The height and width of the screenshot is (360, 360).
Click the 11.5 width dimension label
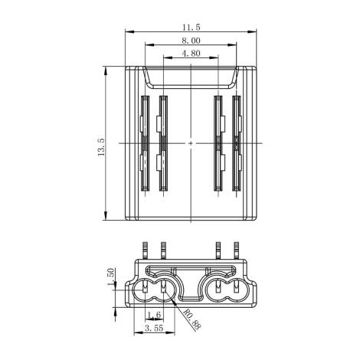(191, 27)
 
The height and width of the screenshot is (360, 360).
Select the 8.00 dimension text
(191, 41)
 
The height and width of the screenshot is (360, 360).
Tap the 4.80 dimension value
(191, 54)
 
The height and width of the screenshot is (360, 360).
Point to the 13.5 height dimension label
(101, 147)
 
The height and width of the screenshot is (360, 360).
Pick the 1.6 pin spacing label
(154, 315)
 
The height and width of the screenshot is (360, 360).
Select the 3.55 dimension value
(154, 328)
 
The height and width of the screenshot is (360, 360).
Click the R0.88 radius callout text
(192, 319)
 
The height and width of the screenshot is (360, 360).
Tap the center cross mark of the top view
(191, 143)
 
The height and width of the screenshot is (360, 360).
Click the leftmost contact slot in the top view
(145, 143)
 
